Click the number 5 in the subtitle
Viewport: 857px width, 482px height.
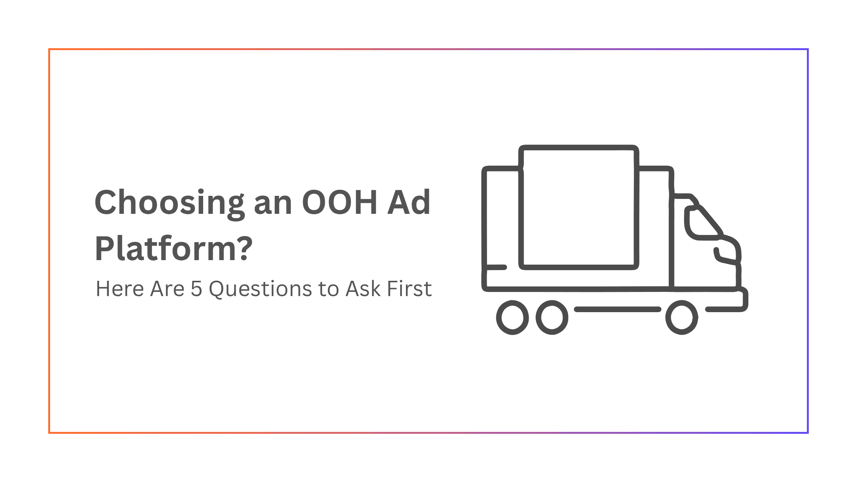pyautogui.click(x=196, y=289)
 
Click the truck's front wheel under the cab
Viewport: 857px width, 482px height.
pyautogui.click(x=681, y=318)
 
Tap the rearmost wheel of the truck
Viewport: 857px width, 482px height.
pyautogui.click(x=512, y=318)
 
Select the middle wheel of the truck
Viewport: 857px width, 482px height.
pyautogui.click(x=552, y=318)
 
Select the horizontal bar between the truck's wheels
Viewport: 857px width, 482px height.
pyautogui.click(x=617, y=309)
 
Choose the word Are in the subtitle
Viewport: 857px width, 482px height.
pyautogui.click(x=167, y=289)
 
